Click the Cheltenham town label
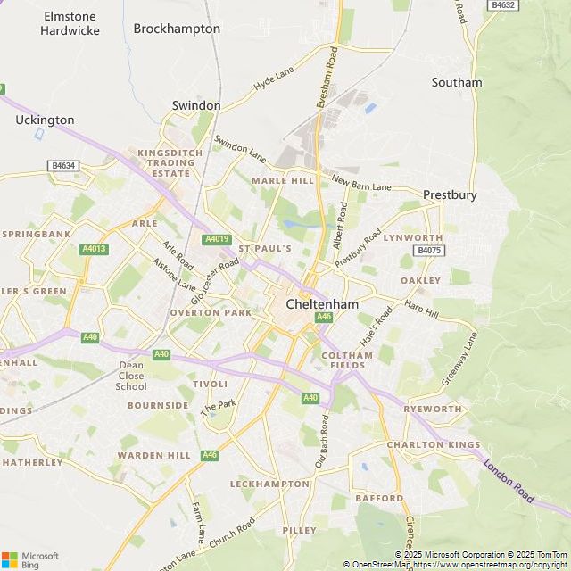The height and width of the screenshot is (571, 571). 322,304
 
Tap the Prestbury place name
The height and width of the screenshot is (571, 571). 450,194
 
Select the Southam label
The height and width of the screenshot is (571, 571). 456,82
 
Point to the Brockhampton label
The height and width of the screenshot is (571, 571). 177,29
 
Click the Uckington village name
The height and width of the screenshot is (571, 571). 45,120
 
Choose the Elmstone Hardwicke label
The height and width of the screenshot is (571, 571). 69,23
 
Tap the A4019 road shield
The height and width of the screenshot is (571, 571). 217,239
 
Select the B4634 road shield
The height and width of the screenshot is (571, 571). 63,165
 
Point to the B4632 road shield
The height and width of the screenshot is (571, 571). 503,5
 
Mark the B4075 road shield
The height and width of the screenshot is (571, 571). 429,252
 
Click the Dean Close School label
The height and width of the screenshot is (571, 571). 131,376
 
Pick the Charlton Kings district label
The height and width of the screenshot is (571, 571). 433,444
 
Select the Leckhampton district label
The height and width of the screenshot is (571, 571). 269,484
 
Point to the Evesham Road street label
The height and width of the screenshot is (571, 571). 327,79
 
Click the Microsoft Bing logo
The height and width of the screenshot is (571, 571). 29,559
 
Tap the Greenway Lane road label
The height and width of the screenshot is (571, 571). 460,360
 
